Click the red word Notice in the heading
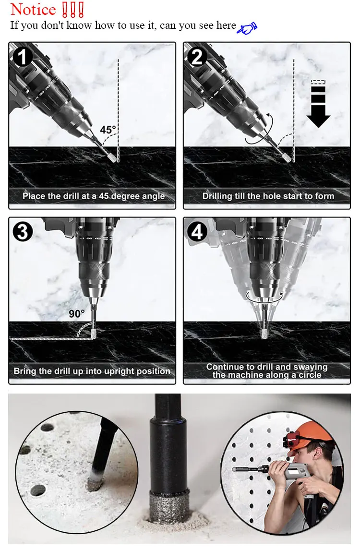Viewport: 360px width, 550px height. [x=33, y=10]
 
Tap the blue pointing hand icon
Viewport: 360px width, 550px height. [x=247, y=28]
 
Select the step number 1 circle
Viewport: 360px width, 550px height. [x=23, y=57]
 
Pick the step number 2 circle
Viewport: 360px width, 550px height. [x=197, y=57]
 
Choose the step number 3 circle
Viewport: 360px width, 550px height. [x=23, y=232]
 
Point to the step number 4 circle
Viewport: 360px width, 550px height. [x=197, y=232]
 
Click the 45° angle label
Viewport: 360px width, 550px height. [x=108, y=130]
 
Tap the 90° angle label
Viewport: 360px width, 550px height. [x=76, y=313]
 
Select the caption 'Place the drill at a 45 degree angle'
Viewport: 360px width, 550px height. [x=94, y=196]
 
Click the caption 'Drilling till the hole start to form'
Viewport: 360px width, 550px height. [x=268, y=196]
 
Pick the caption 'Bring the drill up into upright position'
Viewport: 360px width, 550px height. [x=92, y=371]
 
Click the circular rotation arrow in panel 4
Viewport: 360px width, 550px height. [x=264, y=298]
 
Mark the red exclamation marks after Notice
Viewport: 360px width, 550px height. [x=72, y=10]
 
